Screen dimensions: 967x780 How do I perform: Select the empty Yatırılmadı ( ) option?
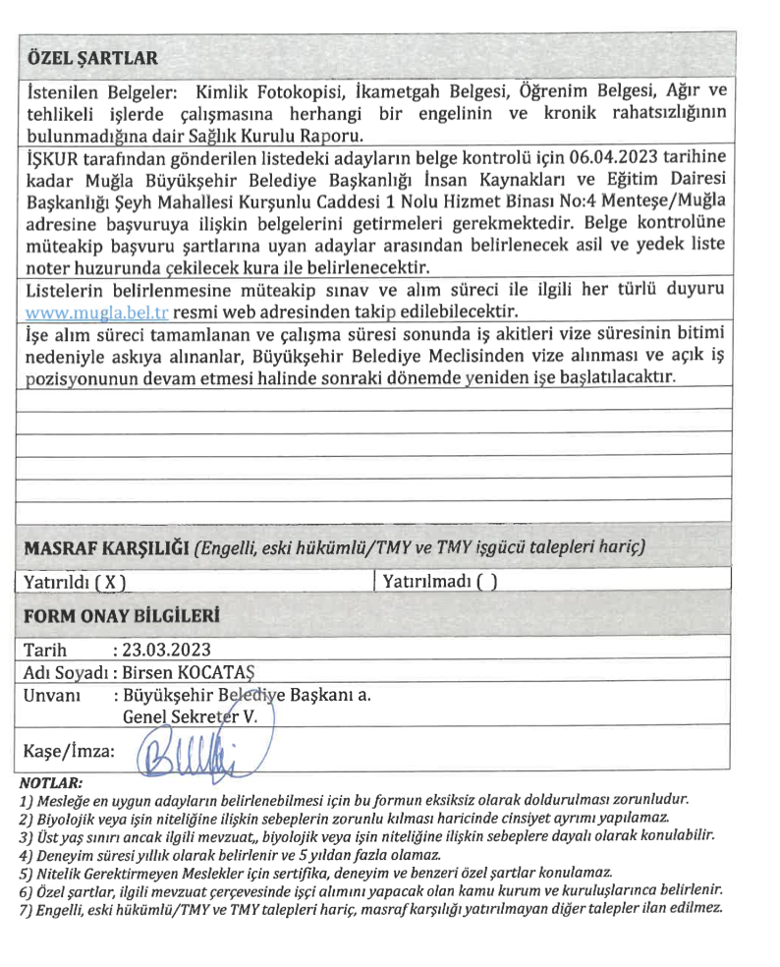coord(439,581)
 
